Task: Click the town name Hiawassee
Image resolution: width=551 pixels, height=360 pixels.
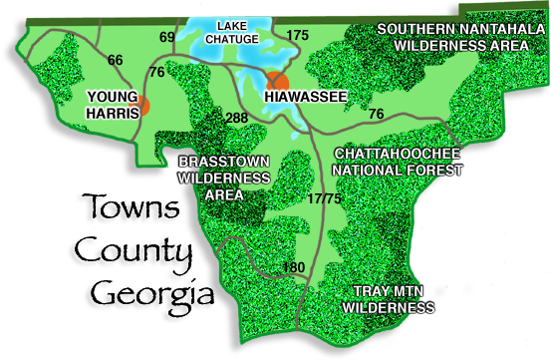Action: pos(305,97)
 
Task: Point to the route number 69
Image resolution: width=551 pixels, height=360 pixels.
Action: pos(166,37)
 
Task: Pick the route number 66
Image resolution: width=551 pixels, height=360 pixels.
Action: pos(115,61)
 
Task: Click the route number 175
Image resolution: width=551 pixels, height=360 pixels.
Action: pos(297,35)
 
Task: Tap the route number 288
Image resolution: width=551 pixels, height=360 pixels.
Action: pos(236,118)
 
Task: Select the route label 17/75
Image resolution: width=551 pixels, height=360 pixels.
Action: pos(325,199)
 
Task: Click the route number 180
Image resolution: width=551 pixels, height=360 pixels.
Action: pos(294,266)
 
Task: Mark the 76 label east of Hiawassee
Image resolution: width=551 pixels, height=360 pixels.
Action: pos(376,114)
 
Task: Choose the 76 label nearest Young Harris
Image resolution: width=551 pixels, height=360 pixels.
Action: pos(156,72)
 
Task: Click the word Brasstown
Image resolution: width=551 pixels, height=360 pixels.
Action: pos(224,161)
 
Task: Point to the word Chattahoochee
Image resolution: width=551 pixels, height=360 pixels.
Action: pos(398,154)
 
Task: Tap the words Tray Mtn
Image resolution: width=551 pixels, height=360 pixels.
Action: pos(390,292)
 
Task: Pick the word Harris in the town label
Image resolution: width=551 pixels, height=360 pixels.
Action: pos(111,113)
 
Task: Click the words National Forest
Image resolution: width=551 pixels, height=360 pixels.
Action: pos(400,171)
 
